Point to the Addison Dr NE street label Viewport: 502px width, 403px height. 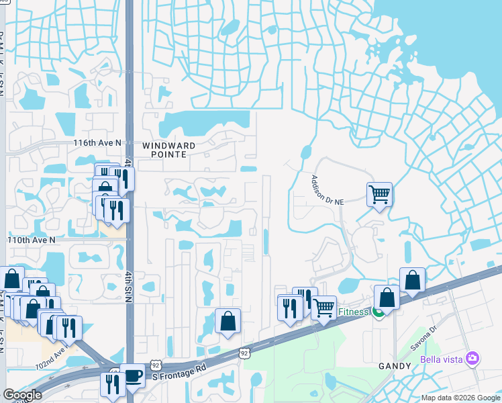[x=327, y=189]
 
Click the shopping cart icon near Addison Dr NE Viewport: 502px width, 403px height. [x=379, y=195]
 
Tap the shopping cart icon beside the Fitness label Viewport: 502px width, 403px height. [x=323, y=308]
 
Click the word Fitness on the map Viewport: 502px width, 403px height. [x=353, y=312]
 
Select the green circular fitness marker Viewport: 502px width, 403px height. [x=379, y=312]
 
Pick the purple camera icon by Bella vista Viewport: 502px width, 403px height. [x=474, y=359]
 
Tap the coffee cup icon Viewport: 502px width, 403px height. [x=132, y=375]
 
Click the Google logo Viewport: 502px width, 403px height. [x=22, y=395]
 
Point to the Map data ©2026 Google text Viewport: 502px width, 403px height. [x=460, y=398]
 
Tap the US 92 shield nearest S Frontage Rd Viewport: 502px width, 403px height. [x=245, y=352]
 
